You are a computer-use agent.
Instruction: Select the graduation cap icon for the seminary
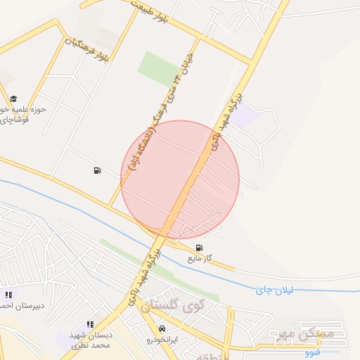coord(13,98)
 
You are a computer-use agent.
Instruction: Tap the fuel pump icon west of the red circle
coord(96,170)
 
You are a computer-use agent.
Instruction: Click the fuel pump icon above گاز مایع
coord(201,247)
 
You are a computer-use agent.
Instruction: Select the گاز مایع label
coord(200,259)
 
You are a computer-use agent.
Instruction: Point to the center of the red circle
coord(180,179)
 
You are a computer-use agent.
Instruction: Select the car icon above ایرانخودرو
coord(162,328)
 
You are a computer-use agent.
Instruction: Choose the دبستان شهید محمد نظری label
coord(91,341)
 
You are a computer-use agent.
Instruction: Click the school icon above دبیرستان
coord(8,295)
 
